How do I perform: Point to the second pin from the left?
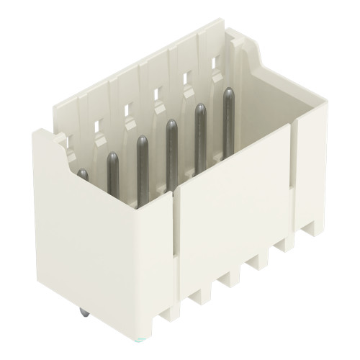(x=113, y=177)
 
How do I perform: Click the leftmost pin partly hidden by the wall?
(x=83, y=174)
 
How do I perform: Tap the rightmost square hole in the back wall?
(x=215, y=62)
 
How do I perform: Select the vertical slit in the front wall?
(x=176, y=238)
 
